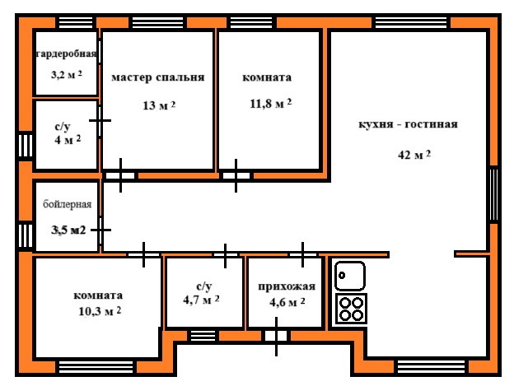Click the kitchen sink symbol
(x=350, y=276)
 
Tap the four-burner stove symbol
(x=351, y=309)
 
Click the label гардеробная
(x=66, y=54)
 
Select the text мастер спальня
(x=157, y=77)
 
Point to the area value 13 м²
(x=159, y=105)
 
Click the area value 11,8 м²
(x=270, y=104)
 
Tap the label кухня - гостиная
(x=408, y=124)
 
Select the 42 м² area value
(x=414, y=155)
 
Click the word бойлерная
(x=68, y=204)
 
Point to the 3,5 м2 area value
(x=68, y=230)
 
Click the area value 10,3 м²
(x=100, y=311)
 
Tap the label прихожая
(x=287, y=286)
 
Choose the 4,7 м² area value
(x=201, y=300)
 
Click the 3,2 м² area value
(x=66, y=75)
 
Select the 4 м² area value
(x=68, y=140)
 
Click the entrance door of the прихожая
(x=276, y=336)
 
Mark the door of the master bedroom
(x=120, y=176)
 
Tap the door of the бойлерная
(x=100, y=230)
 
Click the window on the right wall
(x=494, y=194)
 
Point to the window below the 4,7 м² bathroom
(x=203, y=336)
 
